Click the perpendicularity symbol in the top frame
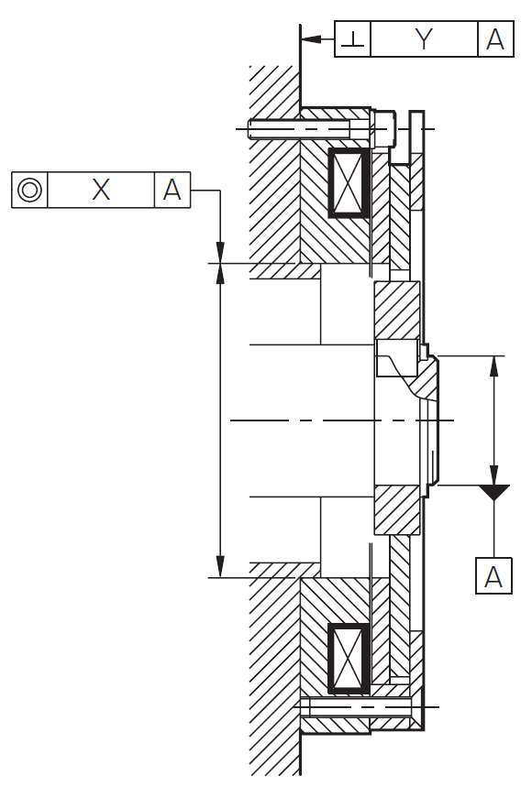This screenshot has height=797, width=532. point(352,38)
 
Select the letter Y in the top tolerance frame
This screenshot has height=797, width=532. point(424,38)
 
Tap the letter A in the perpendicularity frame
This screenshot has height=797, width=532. point(495,38)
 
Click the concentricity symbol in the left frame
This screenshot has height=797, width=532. point(29,190)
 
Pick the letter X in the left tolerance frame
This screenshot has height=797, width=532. point(101,190)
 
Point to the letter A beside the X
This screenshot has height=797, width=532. point(172,190)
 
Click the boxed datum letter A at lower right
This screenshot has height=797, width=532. point(493,575)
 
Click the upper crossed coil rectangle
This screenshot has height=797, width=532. point(349,183)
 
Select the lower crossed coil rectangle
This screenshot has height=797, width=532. point(349,659)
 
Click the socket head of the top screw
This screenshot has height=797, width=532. point(384,128)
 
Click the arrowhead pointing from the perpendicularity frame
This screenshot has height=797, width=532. point(311,39)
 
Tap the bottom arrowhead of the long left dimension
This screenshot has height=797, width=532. point(220,567)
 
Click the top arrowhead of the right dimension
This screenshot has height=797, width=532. point(493,366)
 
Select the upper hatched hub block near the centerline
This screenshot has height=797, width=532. point(397,310)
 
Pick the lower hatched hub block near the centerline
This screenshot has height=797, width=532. point(397,510)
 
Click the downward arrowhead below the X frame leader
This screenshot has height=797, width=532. point(220,253)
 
